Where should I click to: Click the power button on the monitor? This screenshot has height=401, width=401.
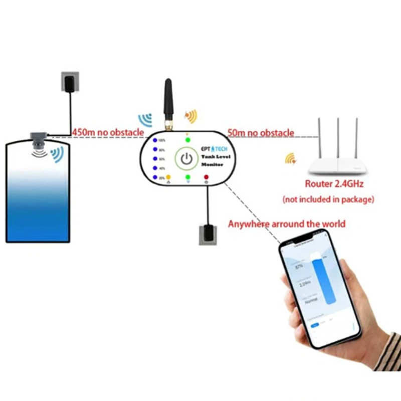[186, 160]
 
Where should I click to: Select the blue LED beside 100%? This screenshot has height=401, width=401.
[155, 141]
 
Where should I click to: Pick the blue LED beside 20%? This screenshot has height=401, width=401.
[155, 177]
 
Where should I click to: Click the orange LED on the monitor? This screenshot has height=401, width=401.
[169, 177]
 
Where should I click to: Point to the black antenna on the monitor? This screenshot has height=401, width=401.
[168, 103]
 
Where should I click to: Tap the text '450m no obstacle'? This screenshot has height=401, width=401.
[108, 132]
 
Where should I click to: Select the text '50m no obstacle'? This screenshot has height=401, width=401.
[261, 133]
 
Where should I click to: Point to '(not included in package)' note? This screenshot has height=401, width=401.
[328, 199]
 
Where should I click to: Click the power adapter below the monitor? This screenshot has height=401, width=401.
[207, 234]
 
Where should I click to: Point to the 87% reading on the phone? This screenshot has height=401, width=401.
[299, 267]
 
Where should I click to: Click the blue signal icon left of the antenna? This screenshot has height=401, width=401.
[145, 120]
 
